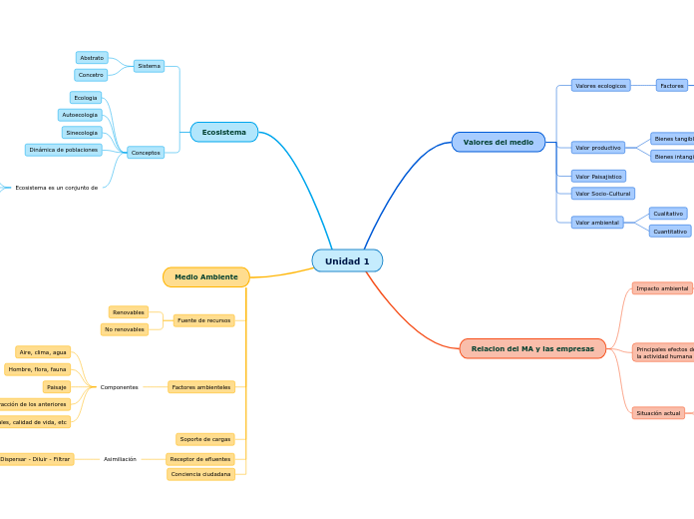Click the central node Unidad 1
click(347, 261)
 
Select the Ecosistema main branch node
click(224, 132)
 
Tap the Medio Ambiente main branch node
click(206, 277)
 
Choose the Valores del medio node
click(498, 143)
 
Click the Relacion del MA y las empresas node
click(532, 349)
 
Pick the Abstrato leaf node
click(92, 58)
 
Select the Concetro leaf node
click(91, 75)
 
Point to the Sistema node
click(149, 66)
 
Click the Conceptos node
click(146, 153)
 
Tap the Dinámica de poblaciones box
click(64, 150)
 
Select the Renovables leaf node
click(129, 312)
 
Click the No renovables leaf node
click(125, 329)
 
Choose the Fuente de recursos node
click(204, 320)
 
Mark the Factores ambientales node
click(201, 387)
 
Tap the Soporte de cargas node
click(205, 439)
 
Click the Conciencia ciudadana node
click(201, 474)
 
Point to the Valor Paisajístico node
click(598, 177)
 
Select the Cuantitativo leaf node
click(670, 232)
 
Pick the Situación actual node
click(658, 413)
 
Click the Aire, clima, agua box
click(43, 352)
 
